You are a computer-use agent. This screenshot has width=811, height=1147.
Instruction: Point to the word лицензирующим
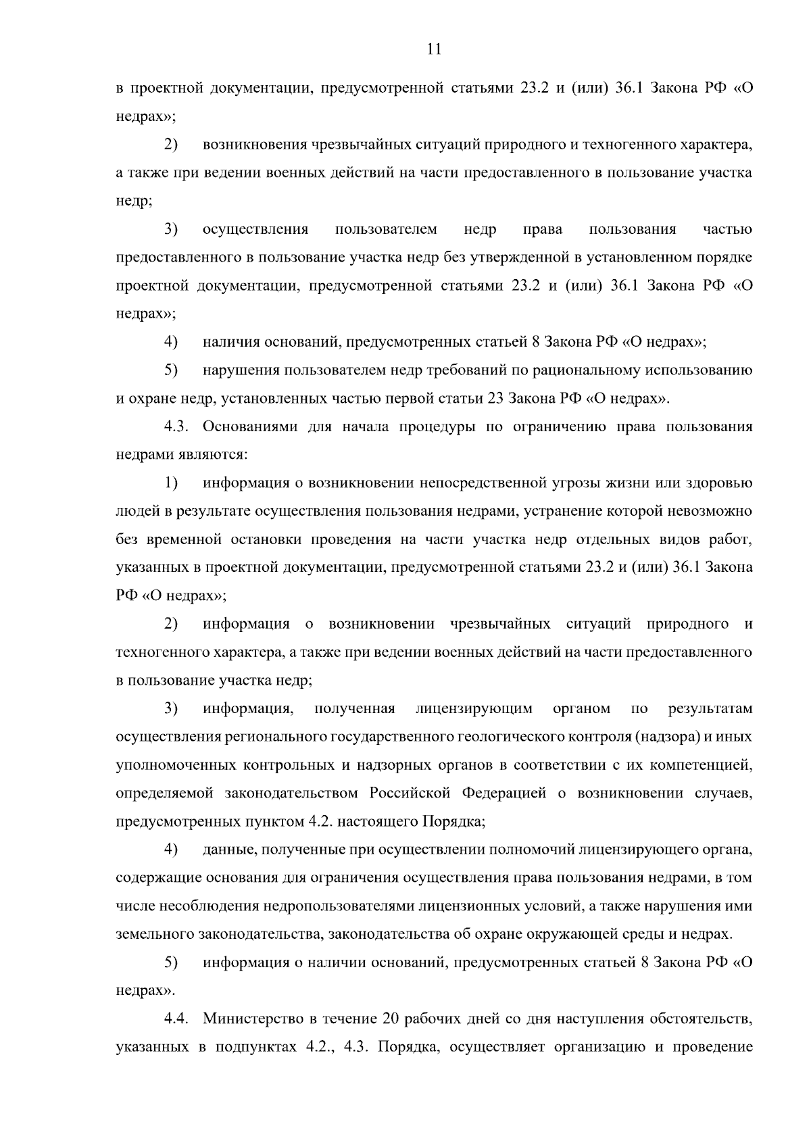click(x=474, y=708)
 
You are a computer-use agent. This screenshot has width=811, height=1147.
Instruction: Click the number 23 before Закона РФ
click(x=494, y=398)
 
